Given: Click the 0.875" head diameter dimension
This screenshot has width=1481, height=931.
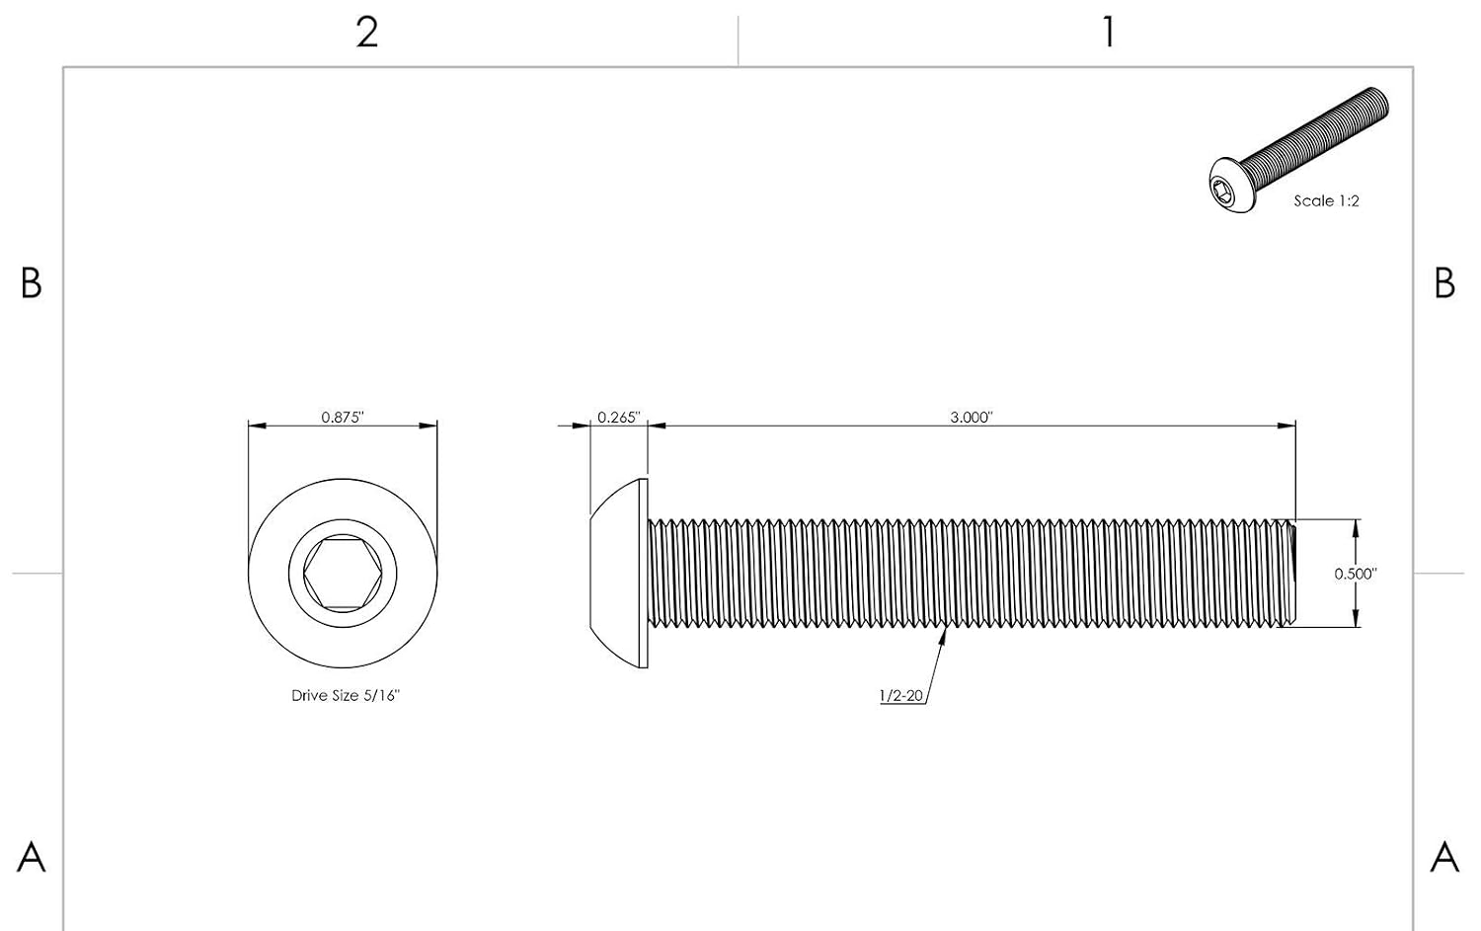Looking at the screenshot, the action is pos(343,418).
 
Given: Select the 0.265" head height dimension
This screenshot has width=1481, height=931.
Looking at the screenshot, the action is pos(619,418).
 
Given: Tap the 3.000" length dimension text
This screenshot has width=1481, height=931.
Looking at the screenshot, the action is pos(972,418).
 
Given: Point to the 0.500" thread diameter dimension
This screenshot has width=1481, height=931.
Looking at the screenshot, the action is pos(1356,574).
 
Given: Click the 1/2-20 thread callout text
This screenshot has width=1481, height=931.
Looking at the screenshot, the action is pos(900,696).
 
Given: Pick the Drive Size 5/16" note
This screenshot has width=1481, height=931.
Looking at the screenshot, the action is pos(346,696).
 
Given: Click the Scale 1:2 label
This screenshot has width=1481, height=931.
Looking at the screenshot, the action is pos(1326,201).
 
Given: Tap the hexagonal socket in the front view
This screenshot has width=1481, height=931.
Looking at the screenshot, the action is pos(343,574).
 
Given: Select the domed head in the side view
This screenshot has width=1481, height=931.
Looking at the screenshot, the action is pos(619,574).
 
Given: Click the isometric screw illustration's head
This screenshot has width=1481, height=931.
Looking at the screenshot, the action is pos(1232,186).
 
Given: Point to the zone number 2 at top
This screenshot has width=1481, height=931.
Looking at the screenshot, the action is pos(367,32).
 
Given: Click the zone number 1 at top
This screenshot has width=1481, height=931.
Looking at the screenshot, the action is pos(1109,32).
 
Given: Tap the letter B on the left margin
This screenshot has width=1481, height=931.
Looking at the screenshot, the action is pos(31,283).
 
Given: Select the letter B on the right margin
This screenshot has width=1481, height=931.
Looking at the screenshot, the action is pos(1444,283).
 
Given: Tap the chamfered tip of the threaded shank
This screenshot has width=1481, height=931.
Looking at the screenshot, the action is pos(1292,574).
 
